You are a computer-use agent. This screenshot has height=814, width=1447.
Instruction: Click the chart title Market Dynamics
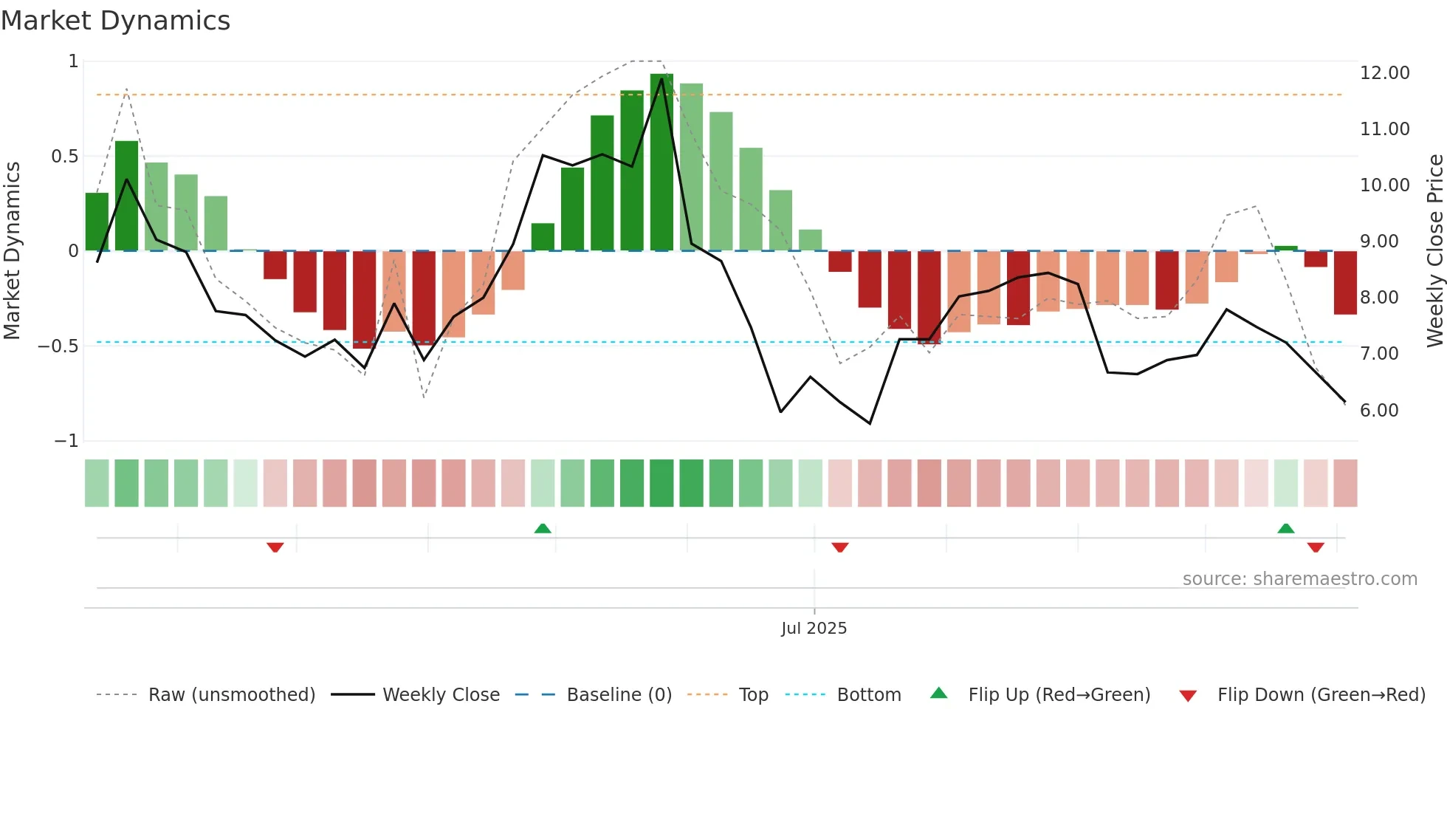(115, 21)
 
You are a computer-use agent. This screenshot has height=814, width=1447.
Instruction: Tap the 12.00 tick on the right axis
(1384, 73)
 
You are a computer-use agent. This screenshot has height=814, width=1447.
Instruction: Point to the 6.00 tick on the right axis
(1378, 411)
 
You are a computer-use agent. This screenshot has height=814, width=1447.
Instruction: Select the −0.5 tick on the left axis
(58, 346)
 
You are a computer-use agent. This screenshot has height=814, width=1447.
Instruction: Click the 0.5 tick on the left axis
(64, 157)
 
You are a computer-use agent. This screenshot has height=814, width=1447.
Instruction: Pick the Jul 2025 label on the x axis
(814, 629)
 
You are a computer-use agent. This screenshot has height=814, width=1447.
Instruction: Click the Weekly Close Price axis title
(1434, 251)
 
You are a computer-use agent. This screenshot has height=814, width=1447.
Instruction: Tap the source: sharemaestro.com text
(1299, 579)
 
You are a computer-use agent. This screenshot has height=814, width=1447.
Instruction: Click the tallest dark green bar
(661, 163)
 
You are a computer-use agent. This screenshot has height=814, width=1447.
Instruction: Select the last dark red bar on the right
(1345, 283)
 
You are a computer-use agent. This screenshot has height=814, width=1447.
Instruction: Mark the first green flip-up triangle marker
(543, 528)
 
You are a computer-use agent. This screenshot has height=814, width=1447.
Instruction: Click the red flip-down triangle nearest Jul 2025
(840, 547)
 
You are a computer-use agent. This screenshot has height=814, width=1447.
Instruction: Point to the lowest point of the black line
(870, 423)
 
